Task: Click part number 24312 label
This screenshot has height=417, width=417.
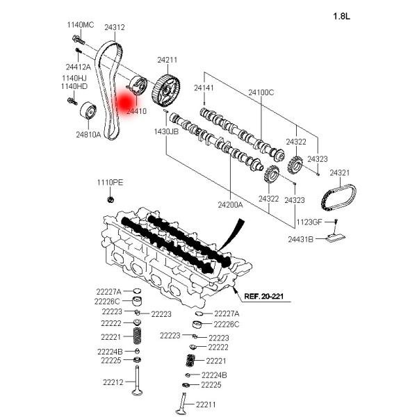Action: click(x=115, y=28)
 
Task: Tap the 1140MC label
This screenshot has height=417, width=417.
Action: click(x=80, y=25)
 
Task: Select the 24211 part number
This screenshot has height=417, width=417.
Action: click(x=167, y=60)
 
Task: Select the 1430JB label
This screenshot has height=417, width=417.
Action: click(x=167, y=131)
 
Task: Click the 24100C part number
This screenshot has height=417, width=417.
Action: click(x=261, y=92)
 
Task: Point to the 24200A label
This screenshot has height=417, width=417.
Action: click(x=230, y=205)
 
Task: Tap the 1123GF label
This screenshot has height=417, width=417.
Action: click(x=309, y=222)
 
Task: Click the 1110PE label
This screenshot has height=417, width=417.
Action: click(x=110, y=182)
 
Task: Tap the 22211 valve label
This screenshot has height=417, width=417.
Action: click(x=206, y=404)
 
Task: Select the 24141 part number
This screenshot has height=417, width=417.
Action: click(x=205, y=88)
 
